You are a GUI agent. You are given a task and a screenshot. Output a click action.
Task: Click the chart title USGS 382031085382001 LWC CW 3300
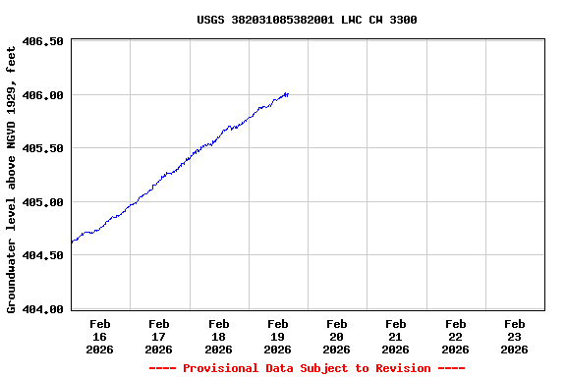307,20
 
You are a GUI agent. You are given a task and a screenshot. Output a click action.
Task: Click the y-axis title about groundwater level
12,179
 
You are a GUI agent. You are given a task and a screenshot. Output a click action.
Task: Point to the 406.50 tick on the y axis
42,41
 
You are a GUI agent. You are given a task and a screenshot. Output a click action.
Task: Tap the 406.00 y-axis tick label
42,95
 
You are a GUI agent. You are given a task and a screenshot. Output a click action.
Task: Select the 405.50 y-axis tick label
42,148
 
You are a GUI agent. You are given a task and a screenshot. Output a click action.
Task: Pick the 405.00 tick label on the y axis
42,202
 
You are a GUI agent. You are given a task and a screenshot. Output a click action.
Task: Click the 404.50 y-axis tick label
42,255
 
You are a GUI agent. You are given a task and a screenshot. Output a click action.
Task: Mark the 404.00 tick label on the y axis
42,309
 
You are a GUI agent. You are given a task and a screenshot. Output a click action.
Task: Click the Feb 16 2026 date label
100,336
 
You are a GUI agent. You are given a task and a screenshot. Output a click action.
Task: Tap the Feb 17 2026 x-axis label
159,336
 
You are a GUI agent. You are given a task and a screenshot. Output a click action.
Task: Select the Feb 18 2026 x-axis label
218,336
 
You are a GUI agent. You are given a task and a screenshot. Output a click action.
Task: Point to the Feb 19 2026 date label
278,336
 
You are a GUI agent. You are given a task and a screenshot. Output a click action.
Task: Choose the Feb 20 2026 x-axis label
337,336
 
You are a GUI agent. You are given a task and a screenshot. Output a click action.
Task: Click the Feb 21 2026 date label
396,336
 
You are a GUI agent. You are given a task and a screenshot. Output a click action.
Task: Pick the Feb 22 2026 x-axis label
455,336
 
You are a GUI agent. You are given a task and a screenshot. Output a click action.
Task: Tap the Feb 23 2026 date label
514,336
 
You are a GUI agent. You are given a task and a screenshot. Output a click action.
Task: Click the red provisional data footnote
307,368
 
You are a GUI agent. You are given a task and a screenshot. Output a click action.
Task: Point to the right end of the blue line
287,94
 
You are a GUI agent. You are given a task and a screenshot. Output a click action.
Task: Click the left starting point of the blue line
73,242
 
